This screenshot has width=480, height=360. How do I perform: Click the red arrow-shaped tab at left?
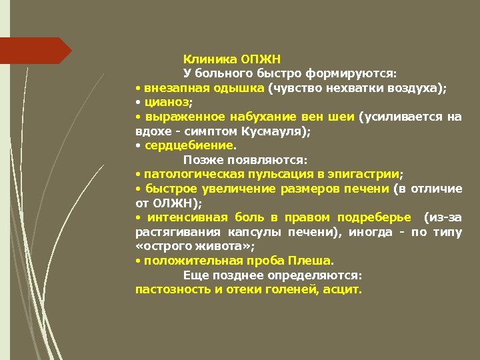pos(33,51)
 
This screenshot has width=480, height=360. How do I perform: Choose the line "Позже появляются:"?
pos(245,160)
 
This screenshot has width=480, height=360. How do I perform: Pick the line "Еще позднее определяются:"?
pos(273,275)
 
